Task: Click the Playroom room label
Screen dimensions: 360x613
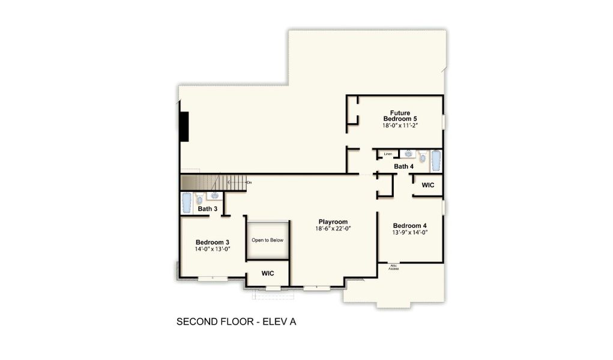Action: click(x=333, y=221)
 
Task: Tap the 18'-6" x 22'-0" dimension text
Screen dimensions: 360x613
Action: click(x=333, y=229)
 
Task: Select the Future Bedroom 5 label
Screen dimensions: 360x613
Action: click(x=400, y=116)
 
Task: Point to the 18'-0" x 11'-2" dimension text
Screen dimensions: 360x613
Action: click(x=400, y=126)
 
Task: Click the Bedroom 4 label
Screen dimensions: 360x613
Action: click(x=409, y=226)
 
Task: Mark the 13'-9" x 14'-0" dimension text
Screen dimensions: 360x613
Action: click(x=409, y=233)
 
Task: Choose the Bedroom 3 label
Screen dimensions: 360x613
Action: click(x=213, y=242)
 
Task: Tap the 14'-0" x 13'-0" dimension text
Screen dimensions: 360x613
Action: click(x=213, y=249)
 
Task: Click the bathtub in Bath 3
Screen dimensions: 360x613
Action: click(x=187, y=203)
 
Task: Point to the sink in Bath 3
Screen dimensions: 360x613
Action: click(x=214, y=196)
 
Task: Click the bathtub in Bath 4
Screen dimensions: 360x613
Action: click(x=436, y=160)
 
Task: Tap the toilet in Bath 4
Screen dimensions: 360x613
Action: click(x=422, y=158)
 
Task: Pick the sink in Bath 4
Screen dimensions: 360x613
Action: click(x=408, y=154)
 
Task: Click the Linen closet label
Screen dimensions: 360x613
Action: click(x=388, y=154)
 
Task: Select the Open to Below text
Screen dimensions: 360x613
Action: click(x=267, y=240)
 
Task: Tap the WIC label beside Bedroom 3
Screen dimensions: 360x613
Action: click(x=268, y=274)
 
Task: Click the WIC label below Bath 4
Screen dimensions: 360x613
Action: click(x=427, y=185)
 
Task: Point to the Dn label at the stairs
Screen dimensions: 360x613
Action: click(x=249, y=182)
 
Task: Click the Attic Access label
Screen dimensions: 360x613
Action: click(x=394, y=267)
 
